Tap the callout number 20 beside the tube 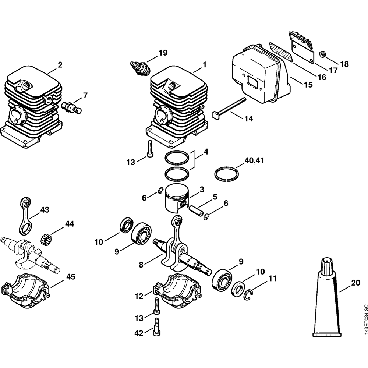pyautogui.click(x=355, y=283)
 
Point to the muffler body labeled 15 pyautogui.click(x=258, y=77)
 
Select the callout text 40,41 pyautogui.click(x=254, y=160)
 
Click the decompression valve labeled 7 pyautogui.click(x=72, y=107)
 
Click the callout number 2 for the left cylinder pyautogui.click(x=60, y=65)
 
